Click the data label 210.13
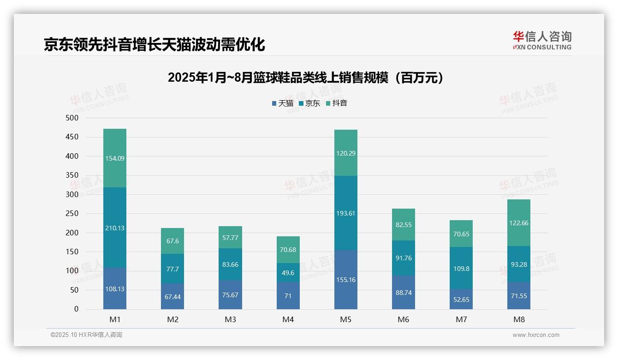coord(115,228)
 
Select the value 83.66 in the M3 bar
coord(230,264)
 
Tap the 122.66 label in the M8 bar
coord(519,223)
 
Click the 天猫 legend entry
coord(282,103)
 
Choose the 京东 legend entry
coord(309,103)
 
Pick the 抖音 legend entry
coord(336,103)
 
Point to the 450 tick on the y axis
coord(72,137)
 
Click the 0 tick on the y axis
coord(77,309)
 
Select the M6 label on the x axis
coord(403,319)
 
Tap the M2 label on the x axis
coord(172,319)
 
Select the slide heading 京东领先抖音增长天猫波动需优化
coord(154,45)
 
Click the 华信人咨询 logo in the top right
coord(542,40)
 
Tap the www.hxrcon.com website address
coord(536,335)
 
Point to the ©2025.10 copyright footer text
coord(86,335)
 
